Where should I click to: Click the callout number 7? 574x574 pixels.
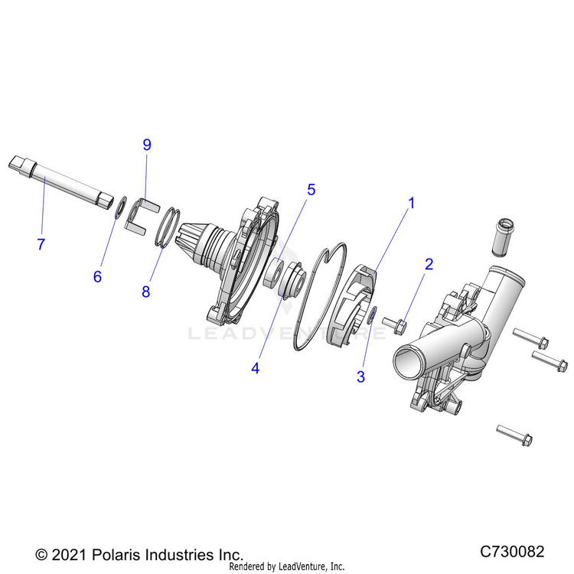(41, 244)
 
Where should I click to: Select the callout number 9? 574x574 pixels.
(147, 145)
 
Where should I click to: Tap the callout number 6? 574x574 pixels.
(97, 276)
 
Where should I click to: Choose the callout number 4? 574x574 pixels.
(255, 367)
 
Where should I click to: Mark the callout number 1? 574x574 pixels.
(411, 204)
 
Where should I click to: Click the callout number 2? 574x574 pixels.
(429, 264)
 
